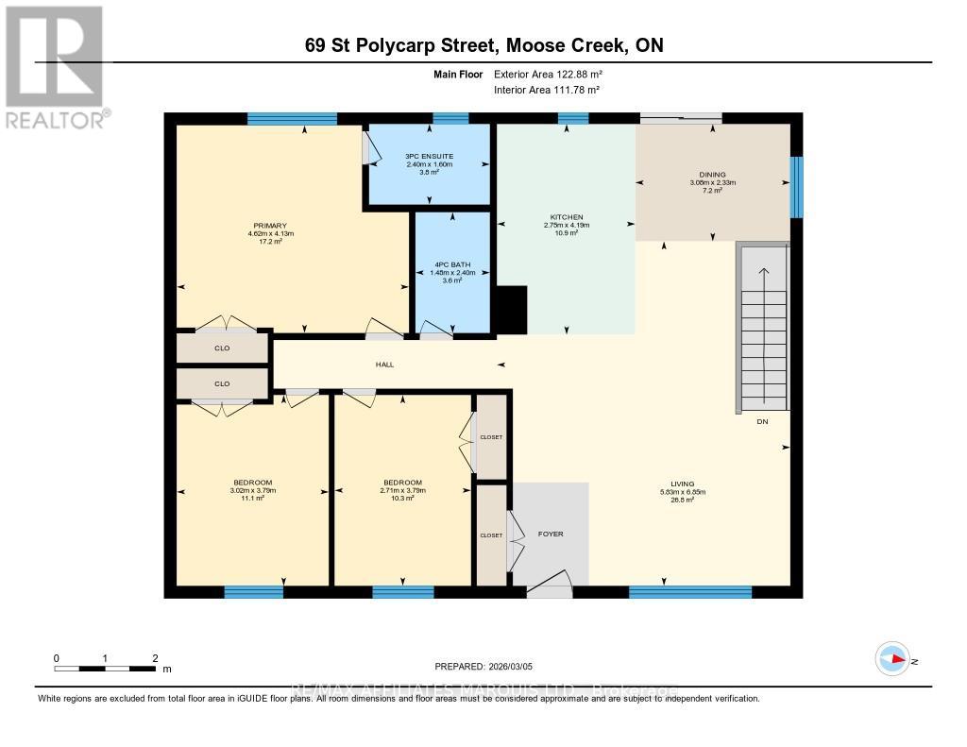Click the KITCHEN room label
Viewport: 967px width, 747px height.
click(x=567, y=216)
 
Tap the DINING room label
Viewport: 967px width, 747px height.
click(x=712, y=175)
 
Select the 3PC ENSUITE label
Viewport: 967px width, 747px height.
click(x=429, y=157)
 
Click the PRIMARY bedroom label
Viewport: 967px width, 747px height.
click(x=269, y=226)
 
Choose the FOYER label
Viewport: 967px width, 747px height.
click(x=551, y=535)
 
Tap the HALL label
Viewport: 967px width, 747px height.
click(x=384, y=364)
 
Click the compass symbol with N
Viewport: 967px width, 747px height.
click(x=891, y=659)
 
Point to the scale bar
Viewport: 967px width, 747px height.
click(x=106, y=669)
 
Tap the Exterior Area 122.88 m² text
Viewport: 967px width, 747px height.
click(x=548, y=74)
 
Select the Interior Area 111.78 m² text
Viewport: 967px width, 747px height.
click(x=547, y=90)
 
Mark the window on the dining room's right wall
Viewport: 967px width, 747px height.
click(x=796, y=187)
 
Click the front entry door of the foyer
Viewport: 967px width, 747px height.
click(x=549, y=587)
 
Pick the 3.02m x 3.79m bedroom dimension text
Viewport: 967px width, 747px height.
click(x=252, y=490)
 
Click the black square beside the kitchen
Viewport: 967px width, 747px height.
click(x=511, y=311)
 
